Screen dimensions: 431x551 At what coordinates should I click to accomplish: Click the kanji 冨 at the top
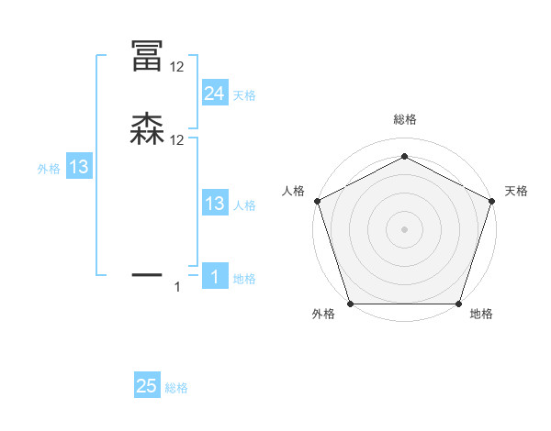tap(147, 57)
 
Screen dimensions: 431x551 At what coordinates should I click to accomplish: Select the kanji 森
tap(147, 130)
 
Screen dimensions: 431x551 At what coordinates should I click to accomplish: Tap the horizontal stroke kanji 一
tap(147, 273)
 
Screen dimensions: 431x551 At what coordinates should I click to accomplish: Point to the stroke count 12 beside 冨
tap(177, 67)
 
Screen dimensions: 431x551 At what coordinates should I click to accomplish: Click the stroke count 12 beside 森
tap(177, 140)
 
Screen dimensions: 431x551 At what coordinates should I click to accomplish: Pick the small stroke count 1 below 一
tap(178, 288)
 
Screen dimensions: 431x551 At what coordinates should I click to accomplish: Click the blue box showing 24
tap(214, 94)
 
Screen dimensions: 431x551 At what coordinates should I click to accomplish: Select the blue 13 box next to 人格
tap(214, 204)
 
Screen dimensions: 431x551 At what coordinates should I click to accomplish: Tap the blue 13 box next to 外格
tap(79, 167)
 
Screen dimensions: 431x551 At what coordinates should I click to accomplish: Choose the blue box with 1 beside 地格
tap(214, 277)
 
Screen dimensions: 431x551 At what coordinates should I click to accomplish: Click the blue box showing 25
tap(147, 386)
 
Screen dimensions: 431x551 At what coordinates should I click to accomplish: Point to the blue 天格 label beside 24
tap(244, 95)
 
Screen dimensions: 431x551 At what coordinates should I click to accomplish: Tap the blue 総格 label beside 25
tap(176, 388)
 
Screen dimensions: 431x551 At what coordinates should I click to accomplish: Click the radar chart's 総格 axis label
tap(404, 119)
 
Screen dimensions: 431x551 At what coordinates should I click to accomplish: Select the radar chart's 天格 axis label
tap(516, 191)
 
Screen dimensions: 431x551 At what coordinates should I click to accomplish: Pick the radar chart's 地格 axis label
tap(481, 314)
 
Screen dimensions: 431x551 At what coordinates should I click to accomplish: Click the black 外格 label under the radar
tap(323, 314)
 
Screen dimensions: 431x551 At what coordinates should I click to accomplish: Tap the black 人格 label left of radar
tap(293, 191)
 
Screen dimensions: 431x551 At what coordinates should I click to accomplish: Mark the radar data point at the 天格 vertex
tap(492, 201)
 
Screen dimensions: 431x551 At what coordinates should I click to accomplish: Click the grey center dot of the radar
tap(404, 228)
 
